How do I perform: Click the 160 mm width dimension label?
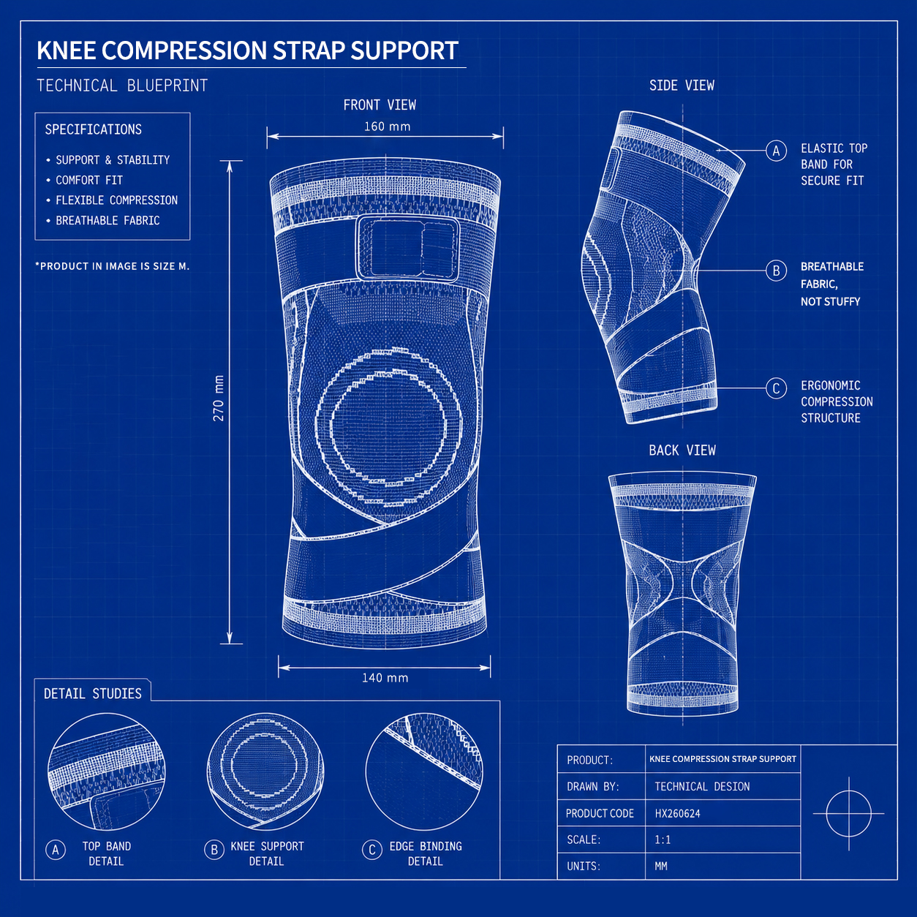pos(387,127)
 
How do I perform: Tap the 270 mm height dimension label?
pos(219,398)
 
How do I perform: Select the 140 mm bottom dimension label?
pos(385,678)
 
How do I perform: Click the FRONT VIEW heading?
pos(380,105)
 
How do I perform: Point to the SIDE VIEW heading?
pos(682,86)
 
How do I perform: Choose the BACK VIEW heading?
pos(682,450)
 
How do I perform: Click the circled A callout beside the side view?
pos(776,151)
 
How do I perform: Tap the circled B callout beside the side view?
pos(776,271)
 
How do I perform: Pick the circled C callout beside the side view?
pos(776,388)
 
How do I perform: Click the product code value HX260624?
pos(677,814)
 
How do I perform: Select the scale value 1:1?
pos(663,840)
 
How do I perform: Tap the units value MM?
pos(661,866)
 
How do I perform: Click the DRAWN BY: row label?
pos(593,787)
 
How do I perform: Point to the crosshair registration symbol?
pos(848,814)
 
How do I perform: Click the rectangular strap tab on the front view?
pos(408,249)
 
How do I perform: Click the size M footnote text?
pos(113,266)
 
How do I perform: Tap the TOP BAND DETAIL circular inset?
pos(107,771)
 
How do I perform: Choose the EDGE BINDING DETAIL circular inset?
pos(424,771)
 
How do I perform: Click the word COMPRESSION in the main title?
pos(184,50)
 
